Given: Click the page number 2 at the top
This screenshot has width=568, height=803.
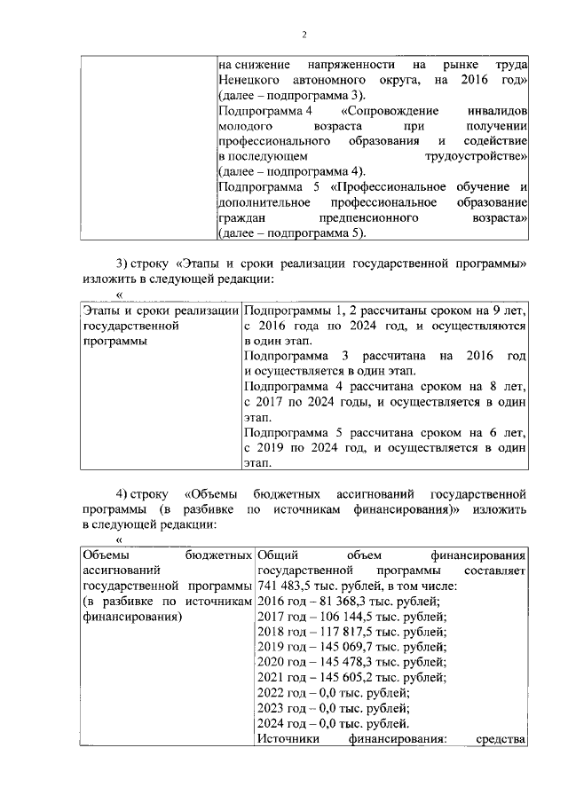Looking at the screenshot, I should coord(304,35).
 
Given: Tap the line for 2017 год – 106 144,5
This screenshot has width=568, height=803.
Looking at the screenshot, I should coord(351,618).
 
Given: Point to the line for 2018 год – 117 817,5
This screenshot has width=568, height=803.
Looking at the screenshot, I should coord(351,633).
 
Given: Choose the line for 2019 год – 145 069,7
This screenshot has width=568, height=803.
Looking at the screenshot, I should coord(351,648).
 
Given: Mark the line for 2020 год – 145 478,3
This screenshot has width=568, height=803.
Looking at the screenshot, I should coord(351,663).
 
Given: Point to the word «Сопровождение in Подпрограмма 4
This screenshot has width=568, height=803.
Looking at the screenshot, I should coord(386,111).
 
